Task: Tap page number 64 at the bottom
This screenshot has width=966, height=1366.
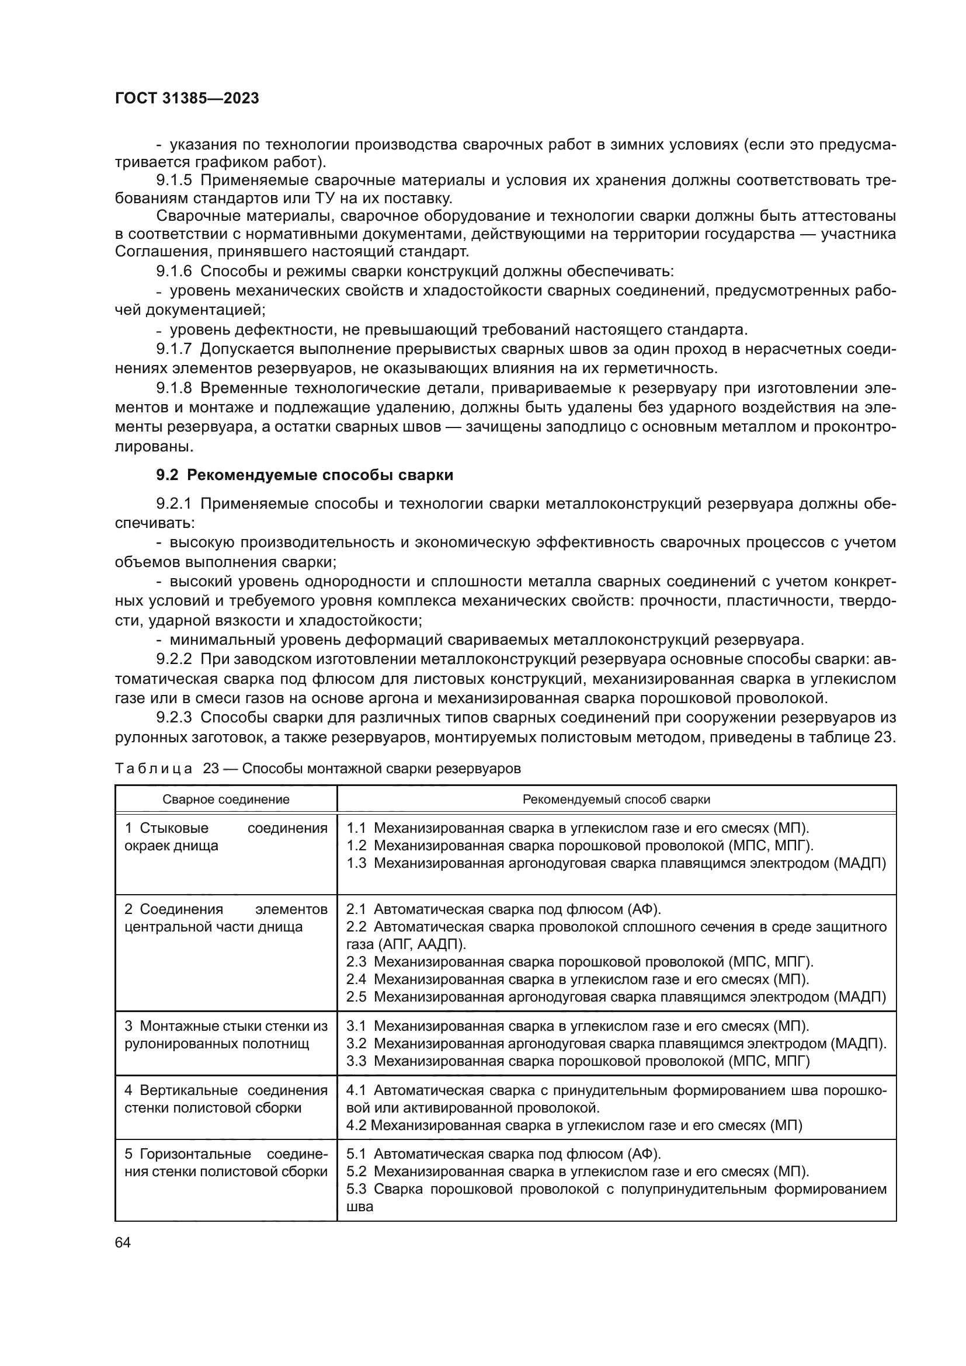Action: pos(123,1243)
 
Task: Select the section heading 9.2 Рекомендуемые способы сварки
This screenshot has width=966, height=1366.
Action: pos(304,475)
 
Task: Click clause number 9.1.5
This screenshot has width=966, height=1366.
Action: pos(174,181)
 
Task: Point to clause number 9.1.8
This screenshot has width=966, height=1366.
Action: pos(174,388)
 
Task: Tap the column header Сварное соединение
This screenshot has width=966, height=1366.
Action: pos(226,799)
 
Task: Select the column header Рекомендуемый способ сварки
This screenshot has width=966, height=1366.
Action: pos(616,799)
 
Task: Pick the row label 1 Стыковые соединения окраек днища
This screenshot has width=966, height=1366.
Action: pos(226,836)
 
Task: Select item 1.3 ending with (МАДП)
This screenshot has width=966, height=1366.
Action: pos(616,863)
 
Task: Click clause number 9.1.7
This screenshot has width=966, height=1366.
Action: pos(174,349)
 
